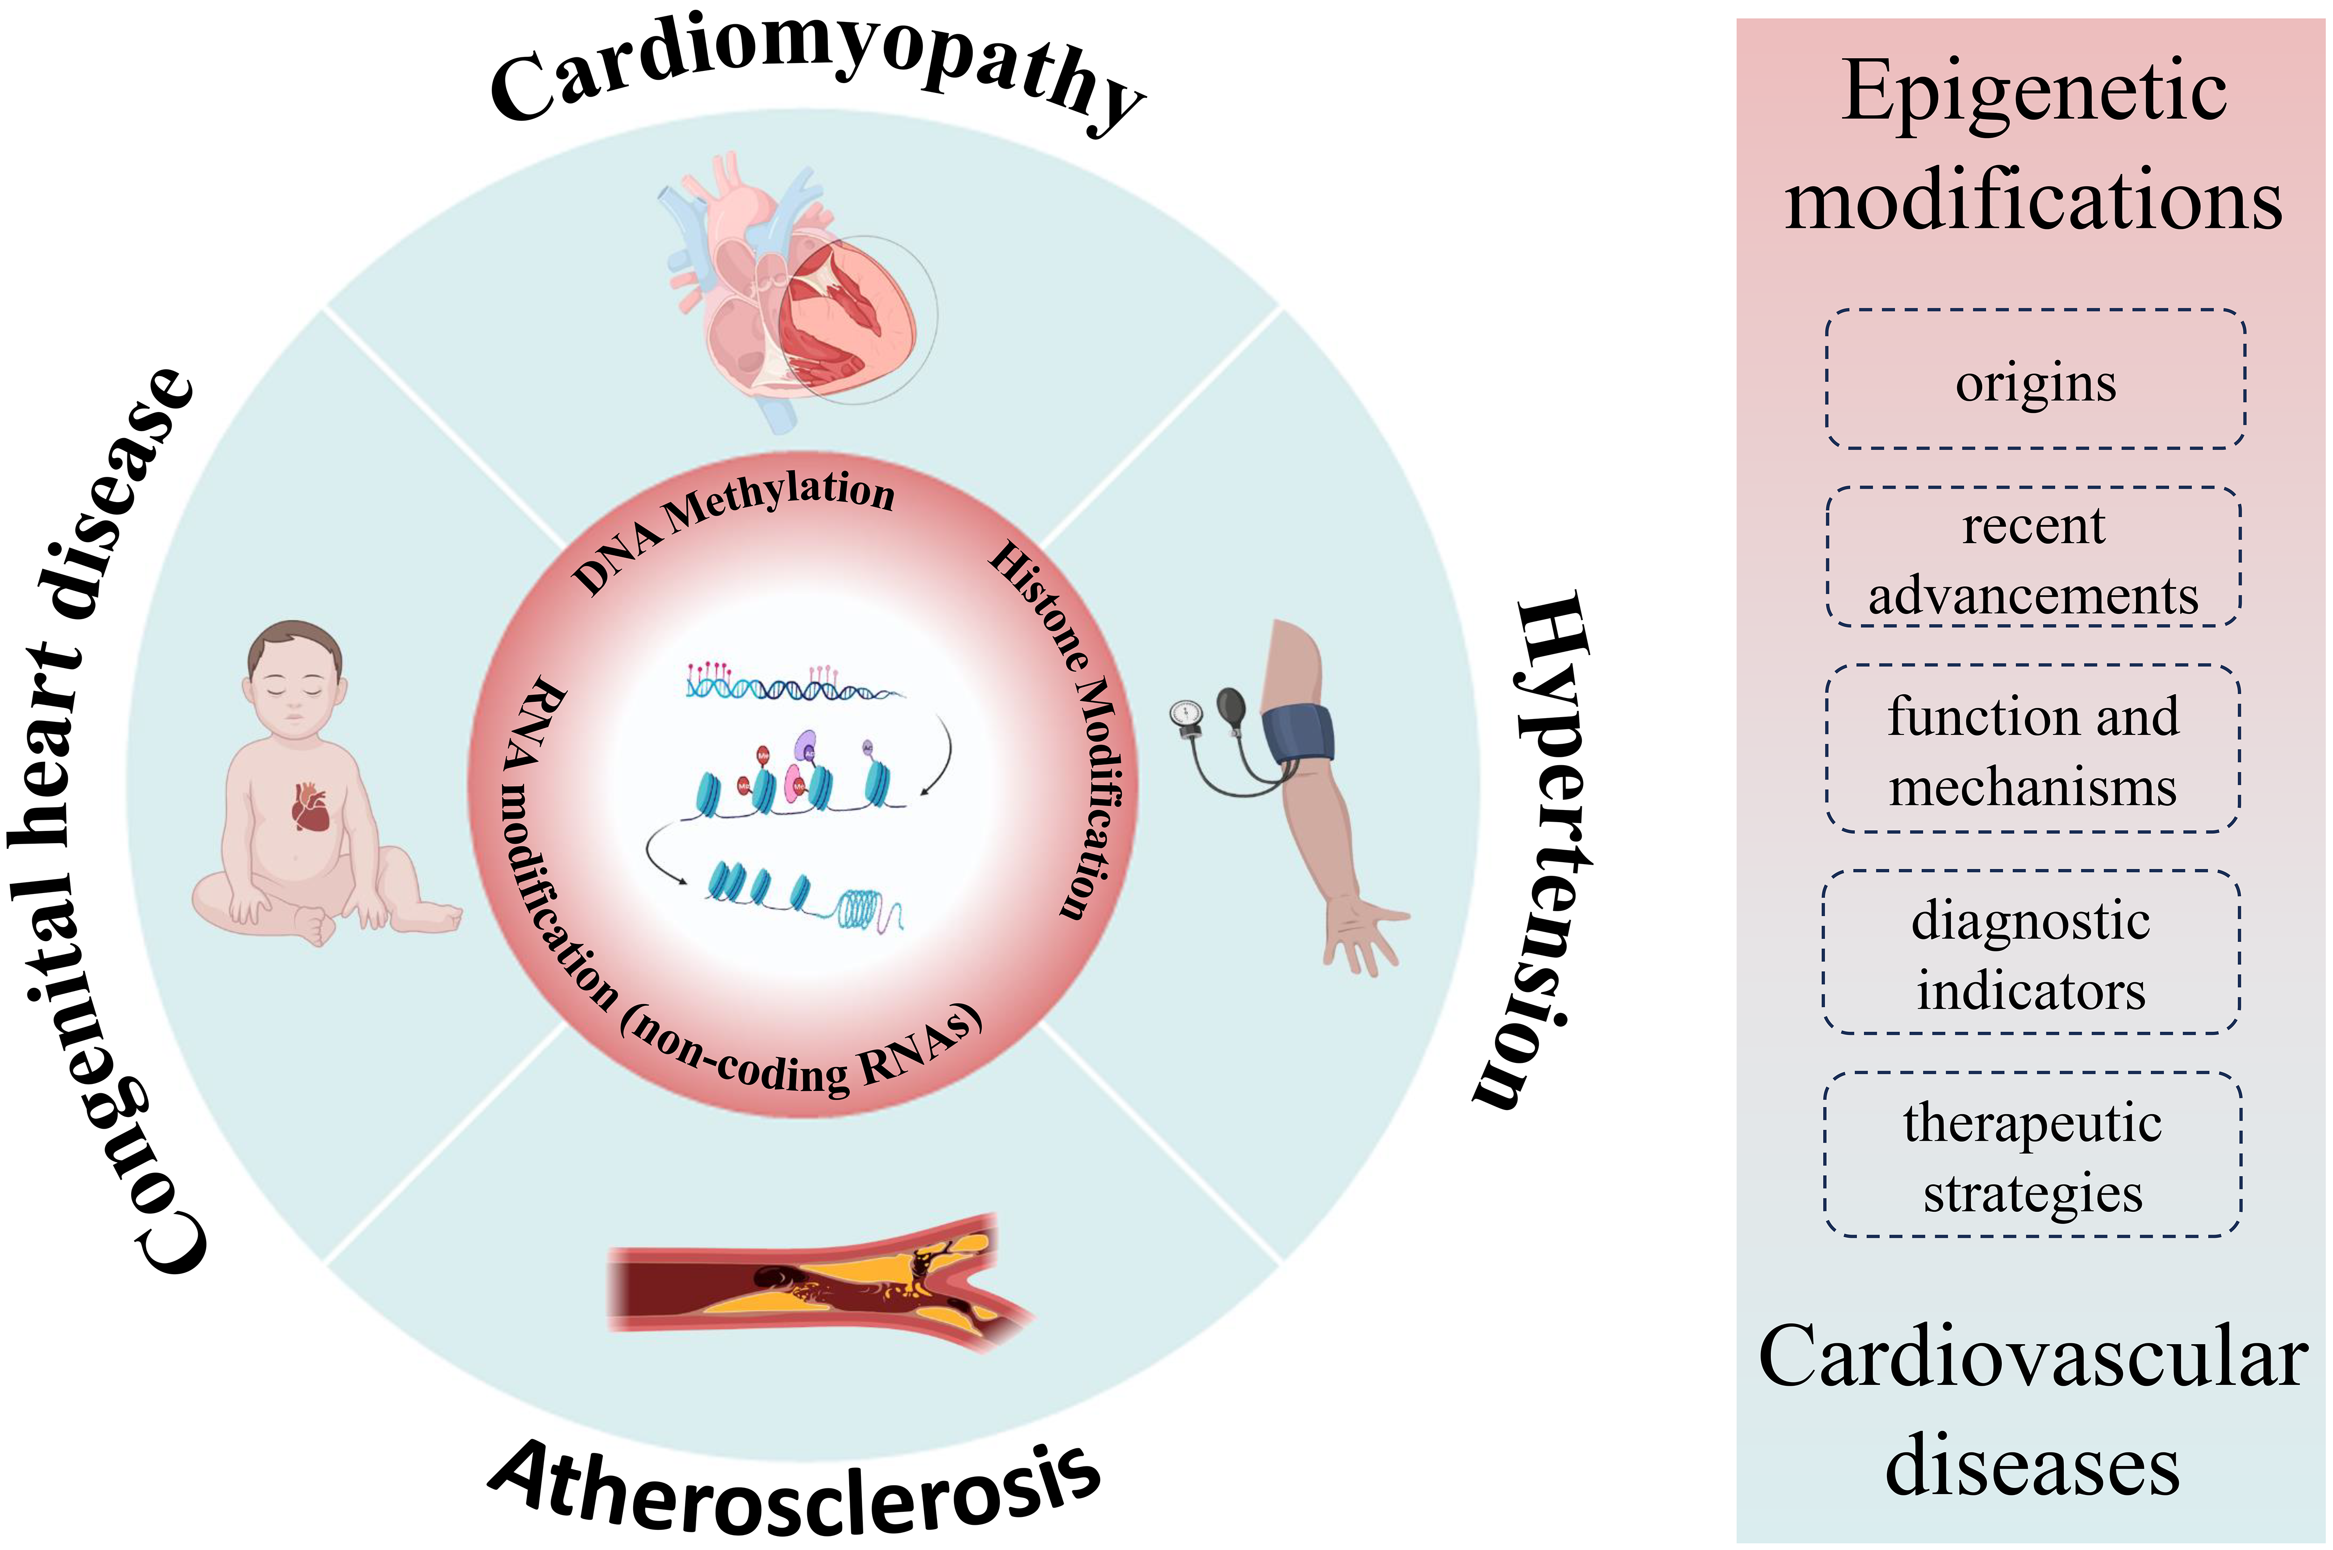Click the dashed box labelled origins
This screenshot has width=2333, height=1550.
pyautogui.click(x=2034, y=381)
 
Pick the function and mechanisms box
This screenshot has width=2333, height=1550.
pyautogui.click(x=2033, y=749)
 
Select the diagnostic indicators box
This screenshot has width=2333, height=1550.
pyautogui.click(x=2031, y=954)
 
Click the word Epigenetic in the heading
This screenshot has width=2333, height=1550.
pyautogui.click(x=2034, y=94)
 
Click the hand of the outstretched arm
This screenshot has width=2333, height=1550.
pyautogui.click(x=1362, y=929)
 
